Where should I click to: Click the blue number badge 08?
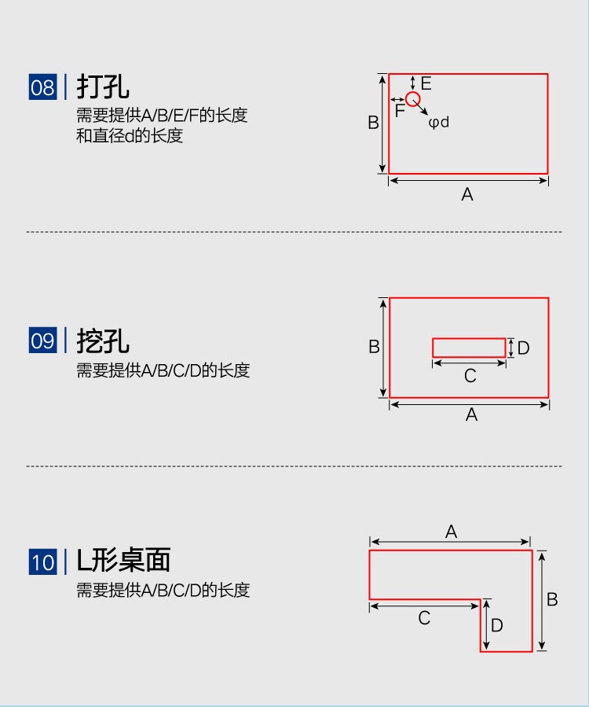pos(42,87)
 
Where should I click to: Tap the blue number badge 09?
pos(42,341)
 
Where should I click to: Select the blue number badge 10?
pos(42,562)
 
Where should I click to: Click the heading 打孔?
pos(103,87)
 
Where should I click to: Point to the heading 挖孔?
pos(103,341)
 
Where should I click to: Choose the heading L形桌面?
pos(123,561)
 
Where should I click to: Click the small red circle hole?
pos(413,99)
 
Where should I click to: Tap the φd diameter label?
pos(439,122)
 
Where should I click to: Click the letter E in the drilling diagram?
pos(426,83)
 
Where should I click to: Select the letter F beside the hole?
pos(400,111)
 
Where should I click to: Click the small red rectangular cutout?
pos(469,348)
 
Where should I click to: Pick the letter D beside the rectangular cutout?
pos(524,348)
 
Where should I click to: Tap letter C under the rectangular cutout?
pos(470,376)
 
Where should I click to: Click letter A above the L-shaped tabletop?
pos(451,532)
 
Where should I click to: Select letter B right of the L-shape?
pos(552,599)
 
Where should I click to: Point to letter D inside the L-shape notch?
pos(497,625)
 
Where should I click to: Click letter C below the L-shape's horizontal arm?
pos(424,618)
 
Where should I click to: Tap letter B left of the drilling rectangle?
pos(374,123)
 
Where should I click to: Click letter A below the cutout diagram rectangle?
pos(471,414)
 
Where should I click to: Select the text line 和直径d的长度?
pos(130,135)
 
